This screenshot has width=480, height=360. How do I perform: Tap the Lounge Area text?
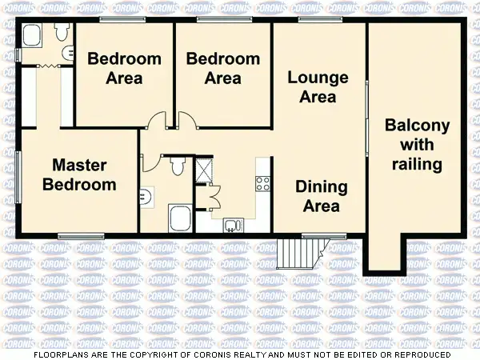click(318, 87)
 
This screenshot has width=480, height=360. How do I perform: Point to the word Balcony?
click(417, 126)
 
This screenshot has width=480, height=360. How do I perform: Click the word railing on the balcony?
click(417, 165)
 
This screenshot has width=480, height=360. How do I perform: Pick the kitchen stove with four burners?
click(263, 183)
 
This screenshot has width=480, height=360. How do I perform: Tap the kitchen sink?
click(232, 224)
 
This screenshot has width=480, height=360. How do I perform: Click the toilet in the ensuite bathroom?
click(61, 32)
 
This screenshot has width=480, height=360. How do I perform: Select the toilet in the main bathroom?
click(178, 165)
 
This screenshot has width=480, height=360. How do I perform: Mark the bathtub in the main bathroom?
click(178, 218)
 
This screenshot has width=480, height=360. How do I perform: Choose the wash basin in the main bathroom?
click(146, 197)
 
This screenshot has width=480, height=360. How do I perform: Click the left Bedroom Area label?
click(124, 68)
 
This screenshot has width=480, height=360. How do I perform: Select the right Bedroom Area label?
click(222, 68)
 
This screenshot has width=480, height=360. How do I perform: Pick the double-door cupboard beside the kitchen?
click(210, 196)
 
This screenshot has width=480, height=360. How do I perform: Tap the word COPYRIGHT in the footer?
click(191, 354)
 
